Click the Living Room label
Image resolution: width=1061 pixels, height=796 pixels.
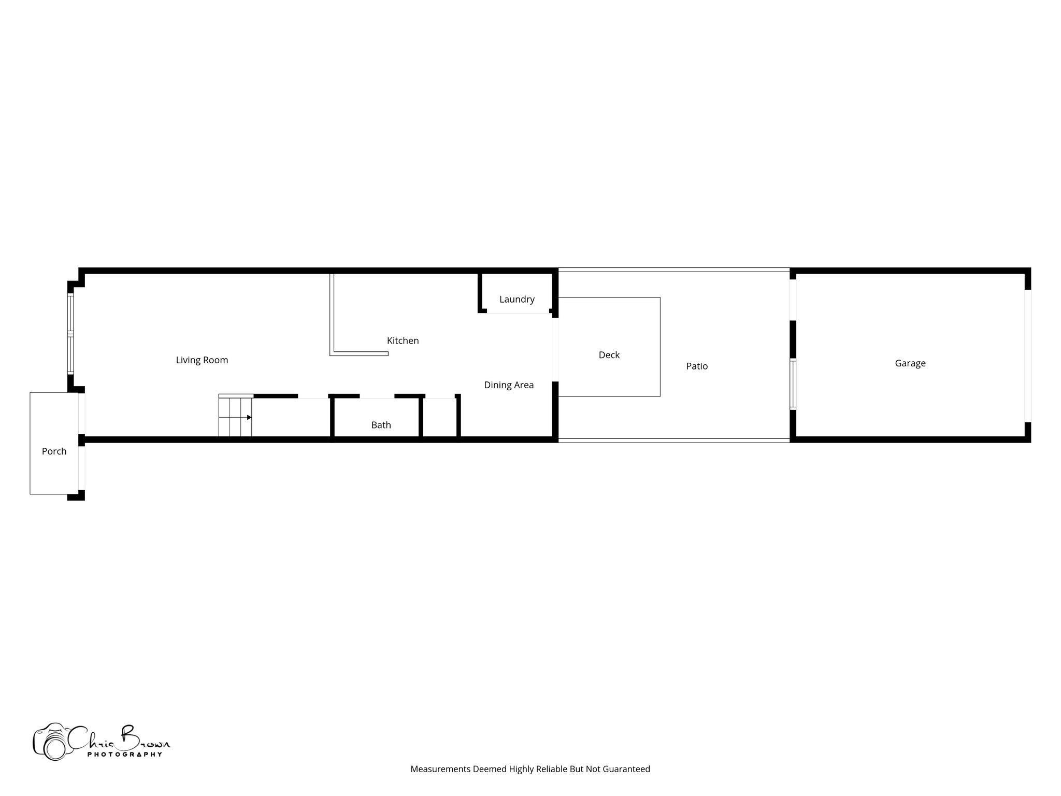click(202, 360)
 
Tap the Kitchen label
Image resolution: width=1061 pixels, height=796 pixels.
click(403, 340)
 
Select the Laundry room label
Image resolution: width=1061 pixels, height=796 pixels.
click(517, 299)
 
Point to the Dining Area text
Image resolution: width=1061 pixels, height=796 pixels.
click(509, 385)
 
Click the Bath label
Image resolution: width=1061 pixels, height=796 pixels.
click(381, 425)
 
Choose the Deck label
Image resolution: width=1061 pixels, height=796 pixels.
click(609, 355)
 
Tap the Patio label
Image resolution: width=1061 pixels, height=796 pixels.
click(697, 366)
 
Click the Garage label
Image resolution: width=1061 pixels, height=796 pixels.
click(910, 363)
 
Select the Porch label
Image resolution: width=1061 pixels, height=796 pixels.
click(54, 451)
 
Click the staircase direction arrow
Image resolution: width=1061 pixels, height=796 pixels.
click(249, 417)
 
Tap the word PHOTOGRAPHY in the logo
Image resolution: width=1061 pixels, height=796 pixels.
click(124, 755)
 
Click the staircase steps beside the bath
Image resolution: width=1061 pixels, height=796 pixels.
click(235, 417)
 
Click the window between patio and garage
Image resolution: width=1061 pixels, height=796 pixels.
click(793, 384)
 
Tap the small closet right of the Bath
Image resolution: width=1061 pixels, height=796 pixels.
click(440, 418)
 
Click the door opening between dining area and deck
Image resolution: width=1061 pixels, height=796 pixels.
click(555, 350)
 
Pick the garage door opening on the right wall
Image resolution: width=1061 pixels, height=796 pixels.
click(1028, 356)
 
